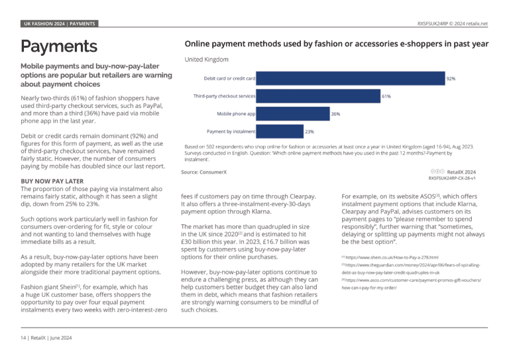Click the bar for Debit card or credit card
coord(350,78)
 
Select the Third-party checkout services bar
coord(318,96)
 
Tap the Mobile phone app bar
coord(293,114)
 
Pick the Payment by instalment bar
coord(280,131)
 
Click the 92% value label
coord(451,78)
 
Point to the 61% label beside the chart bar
coord(386,96)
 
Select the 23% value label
coord(310,131)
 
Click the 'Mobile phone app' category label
coord(236,113)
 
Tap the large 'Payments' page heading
coord(59,46)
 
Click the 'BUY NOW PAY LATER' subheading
coord(52,181)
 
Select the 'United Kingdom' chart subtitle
coord(207,60)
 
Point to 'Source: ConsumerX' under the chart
coord(204,172)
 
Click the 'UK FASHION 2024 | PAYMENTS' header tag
coord(60,24)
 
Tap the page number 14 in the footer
coord(23,338)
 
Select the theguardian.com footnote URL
coord(411,269)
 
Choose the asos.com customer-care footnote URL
coord(412,284)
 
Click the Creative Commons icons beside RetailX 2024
coord(437,172)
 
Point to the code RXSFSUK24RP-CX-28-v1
coord(452,178)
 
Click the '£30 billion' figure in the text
coord(196,242)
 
